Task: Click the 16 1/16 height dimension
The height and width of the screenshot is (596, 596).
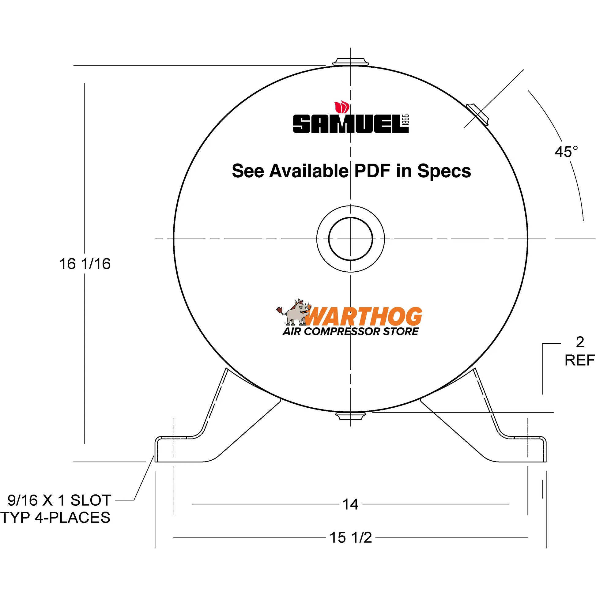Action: coord(85,264)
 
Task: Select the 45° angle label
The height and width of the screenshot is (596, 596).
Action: coord(566,152)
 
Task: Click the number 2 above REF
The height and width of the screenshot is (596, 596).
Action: coord(580,342)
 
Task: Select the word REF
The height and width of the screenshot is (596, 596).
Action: coord(579,360)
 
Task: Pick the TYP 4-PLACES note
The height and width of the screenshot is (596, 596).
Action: coord(55,518)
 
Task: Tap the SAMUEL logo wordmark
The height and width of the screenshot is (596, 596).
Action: coord(347,124)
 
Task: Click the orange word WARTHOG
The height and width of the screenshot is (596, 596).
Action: coord(364,316)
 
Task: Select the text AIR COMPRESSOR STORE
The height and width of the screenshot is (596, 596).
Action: coord(350,332)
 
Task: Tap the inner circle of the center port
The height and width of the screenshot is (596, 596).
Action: coord(350,239)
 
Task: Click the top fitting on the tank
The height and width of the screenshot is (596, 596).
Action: coord(350,62)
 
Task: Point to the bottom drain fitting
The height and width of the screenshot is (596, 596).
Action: coord(350,416)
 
